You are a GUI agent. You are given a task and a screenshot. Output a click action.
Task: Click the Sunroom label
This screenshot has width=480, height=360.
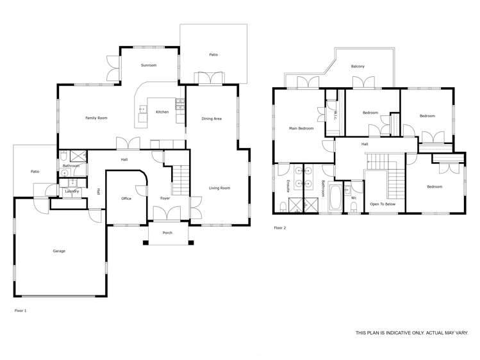149,65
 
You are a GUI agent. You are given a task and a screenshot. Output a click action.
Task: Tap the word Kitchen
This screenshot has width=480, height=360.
162,112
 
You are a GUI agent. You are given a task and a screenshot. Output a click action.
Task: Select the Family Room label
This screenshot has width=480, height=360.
96,118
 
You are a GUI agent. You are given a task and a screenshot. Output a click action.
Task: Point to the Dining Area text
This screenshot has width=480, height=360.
211,119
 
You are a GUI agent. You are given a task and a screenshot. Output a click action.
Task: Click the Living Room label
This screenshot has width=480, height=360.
219,188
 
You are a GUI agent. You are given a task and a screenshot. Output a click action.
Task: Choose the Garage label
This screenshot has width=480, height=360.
59,251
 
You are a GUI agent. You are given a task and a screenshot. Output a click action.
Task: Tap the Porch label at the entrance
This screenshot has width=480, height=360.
167,233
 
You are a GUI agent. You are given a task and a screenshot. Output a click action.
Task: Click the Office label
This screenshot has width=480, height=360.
126,199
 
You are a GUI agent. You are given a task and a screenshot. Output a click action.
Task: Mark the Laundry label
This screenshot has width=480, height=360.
72,191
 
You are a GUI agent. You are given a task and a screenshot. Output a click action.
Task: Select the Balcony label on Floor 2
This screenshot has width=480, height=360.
358,67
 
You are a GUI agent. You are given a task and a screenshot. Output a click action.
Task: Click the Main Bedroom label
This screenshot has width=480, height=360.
301,128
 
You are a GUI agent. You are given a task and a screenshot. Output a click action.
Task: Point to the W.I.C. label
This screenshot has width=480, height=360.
335,115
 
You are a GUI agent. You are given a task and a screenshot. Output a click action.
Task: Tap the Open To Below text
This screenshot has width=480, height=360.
383,204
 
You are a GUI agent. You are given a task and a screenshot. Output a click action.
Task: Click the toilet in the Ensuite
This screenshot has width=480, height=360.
283,206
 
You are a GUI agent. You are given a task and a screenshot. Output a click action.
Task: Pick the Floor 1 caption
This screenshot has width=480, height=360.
21,310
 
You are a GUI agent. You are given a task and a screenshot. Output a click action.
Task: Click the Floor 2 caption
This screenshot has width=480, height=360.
280,228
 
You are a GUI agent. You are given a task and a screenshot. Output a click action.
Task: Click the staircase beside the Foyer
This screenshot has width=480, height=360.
181,179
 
